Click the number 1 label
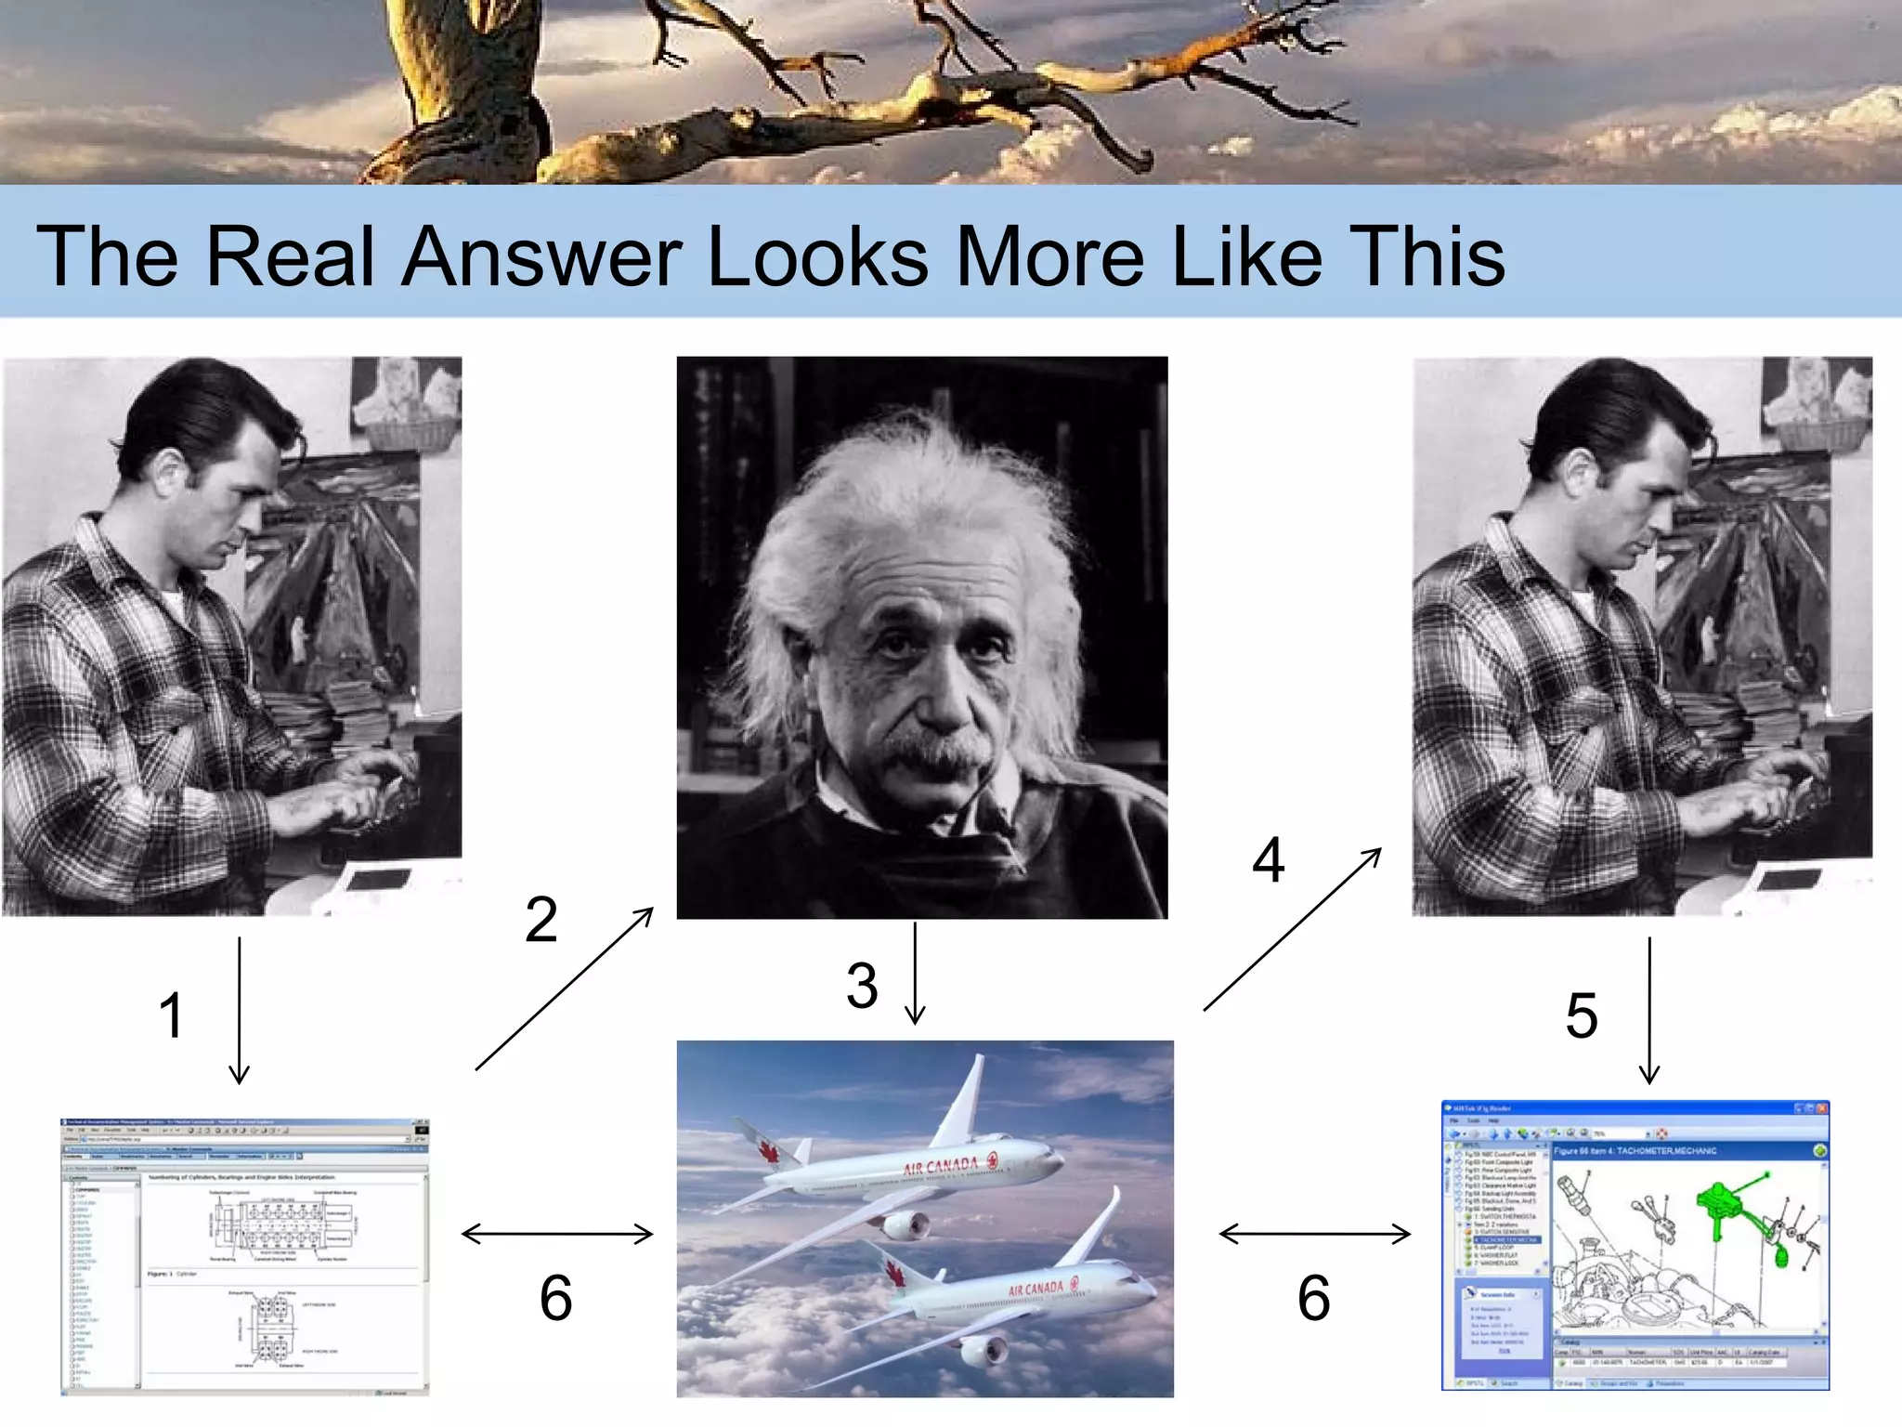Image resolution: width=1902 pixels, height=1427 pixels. click(x=171, y=1015)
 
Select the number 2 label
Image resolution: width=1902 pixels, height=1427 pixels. click(x=541, y=920)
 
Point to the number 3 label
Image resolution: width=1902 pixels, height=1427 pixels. click(x=862, y=986)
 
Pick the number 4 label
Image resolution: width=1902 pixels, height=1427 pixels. click(x=1268, y=860)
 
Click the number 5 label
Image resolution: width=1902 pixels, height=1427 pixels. click(x=1582, y=1015)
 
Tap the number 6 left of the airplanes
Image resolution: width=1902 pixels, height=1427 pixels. click(x=555, y=1298)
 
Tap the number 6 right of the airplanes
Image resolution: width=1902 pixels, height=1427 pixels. click(x=1313, y=1298)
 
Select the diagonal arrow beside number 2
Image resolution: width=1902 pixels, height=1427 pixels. click(x=564, y=989)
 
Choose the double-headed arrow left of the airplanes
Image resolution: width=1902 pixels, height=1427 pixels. click(x=557, y=1234)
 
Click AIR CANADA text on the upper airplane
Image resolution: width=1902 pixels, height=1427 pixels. click(x=940, y=1166)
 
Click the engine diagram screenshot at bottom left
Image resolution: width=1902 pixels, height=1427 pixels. click(x=244, y=1256)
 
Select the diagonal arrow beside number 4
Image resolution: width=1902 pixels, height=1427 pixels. click(x=1292, y=929)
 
